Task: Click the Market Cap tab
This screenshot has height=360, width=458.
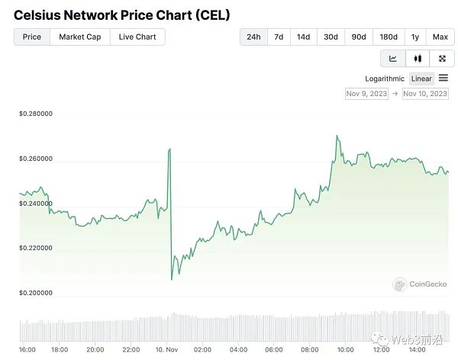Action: tap(80, 37)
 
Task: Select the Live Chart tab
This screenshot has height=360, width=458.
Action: tap(137, 37)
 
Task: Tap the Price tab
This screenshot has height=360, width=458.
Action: tap(32, 37)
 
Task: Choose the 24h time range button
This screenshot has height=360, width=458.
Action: tap(254, 37)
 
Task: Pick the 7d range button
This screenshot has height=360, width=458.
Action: tap(279, 37)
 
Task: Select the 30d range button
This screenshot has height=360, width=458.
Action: tap(331, 37)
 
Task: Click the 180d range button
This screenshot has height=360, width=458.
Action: tap(389, 37)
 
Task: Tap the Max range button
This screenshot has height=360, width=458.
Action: tap(440, 37)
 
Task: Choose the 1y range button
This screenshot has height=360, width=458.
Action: tap(415, 37)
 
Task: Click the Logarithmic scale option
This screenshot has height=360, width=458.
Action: tap(385, 79)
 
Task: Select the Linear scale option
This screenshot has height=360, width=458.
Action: tap(421, 79)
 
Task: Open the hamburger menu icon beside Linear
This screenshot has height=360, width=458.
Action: tap(443, 78)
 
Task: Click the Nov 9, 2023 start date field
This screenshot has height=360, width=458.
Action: tap(366, 94)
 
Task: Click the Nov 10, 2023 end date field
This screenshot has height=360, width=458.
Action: tap(425, 94)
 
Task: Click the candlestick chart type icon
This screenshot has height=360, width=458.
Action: tap(418, 59)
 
